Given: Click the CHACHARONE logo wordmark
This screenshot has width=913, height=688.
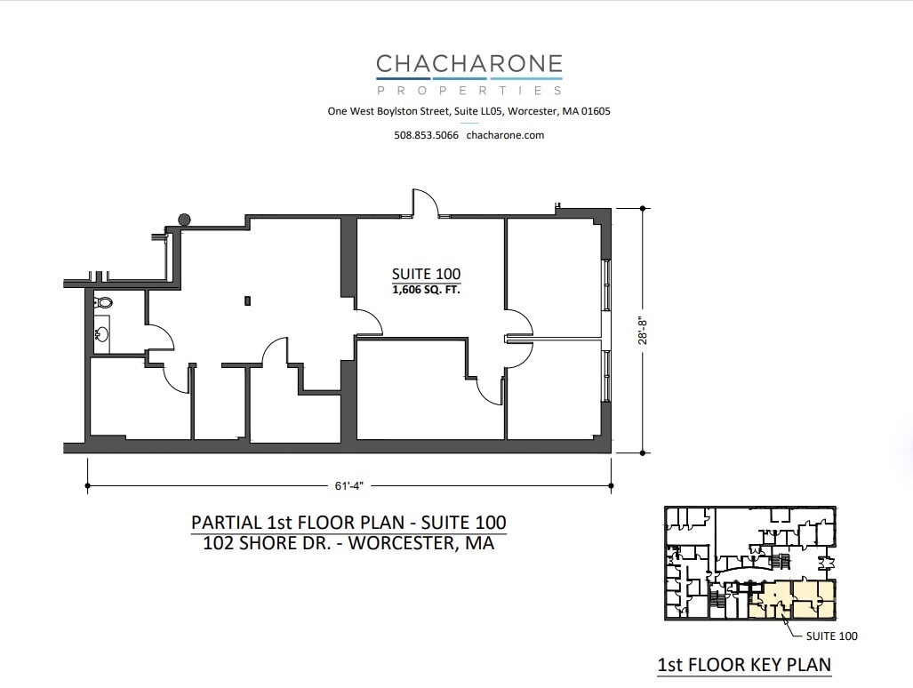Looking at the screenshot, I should [x=469, y=64].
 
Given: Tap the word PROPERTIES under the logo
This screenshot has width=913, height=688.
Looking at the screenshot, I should [x=469, y=90].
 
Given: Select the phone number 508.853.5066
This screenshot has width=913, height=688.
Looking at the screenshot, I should [x=426, y=135].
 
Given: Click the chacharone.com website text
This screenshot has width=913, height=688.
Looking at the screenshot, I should [x=505, y=135].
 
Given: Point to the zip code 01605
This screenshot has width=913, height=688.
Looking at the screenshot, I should [x=594, y=112].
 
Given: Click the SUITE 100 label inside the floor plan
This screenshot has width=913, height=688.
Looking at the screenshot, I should [x=427, y=274].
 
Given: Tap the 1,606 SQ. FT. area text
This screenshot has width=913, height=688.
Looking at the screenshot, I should [x=427, y=289].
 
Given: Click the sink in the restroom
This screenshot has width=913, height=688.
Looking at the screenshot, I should [x=102, y=335].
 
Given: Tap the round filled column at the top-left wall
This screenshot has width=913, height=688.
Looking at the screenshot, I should [x=184, y=220].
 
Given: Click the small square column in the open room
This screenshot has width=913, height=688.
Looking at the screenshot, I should [x=248, y=300].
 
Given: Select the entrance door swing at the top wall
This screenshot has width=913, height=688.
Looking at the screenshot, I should [x=424, y=202].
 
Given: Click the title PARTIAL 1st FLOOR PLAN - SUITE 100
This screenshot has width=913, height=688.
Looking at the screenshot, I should [x=348, y=522].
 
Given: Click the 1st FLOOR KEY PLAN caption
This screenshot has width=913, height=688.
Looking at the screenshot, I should [x=743, y=664].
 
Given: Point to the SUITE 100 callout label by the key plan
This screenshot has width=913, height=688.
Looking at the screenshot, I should [x=831, y=636].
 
